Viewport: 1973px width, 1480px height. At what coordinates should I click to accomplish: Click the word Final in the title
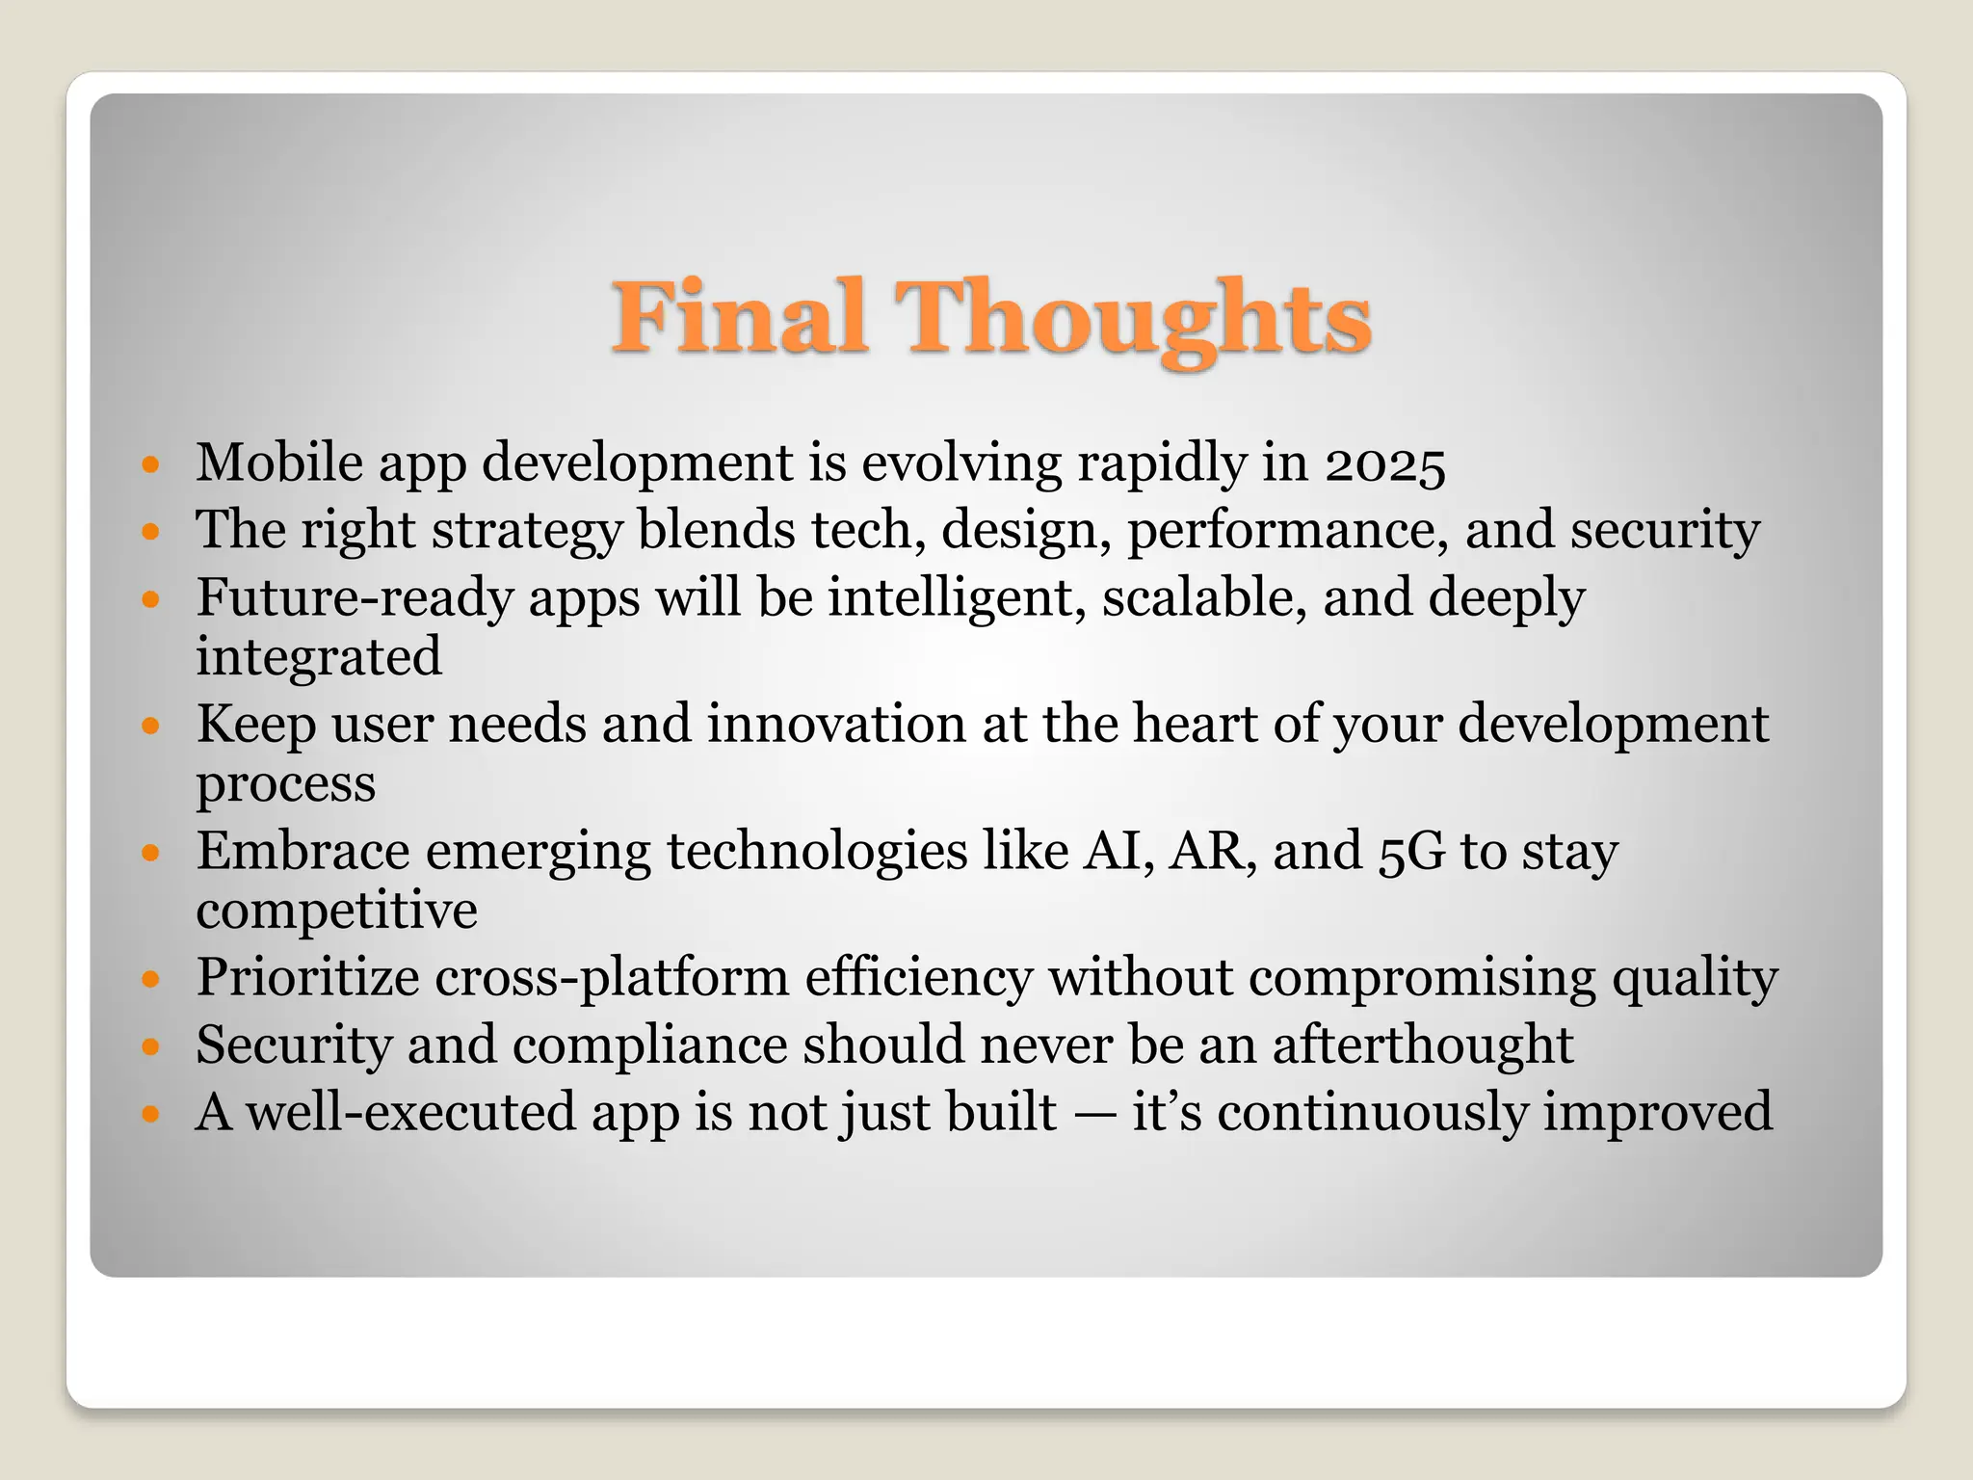pos(740,316)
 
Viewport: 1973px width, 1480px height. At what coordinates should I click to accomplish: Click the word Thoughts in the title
pos(1134,318)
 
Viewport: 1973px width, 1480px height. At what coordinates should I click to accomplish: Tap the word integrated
pos(319,657)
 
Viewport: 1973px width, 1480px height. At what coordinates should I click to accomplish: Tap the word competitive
pos(336,910)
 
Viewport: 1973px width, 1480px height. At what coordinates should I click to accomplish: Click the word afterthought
pos(1422,1044)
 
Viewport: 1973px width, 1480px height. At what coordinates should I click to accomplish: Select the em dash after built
pos(1094,1113)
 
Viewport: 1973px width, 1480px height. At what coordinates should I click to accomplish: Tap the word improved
pos(1657,1113)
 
